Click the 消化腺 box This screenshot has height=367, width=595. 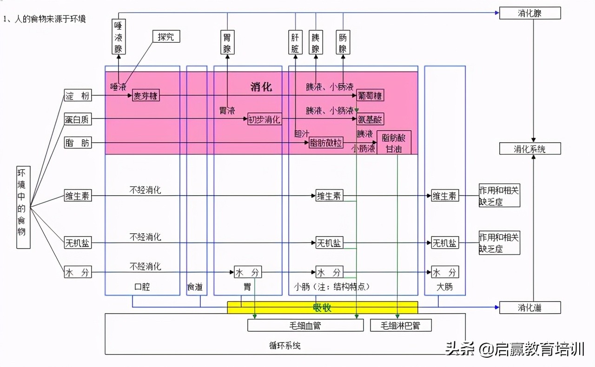click(529, 13)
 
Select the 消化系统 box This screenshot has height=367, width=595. click(529, 149)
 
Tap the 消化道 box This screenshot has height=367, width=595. click(529, 307)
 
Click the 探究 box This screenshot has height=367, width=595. click(166, 36)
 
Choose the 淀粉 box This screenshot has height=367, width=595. click(78, 96)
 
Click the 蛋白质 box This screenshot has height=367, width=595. click(78, 119)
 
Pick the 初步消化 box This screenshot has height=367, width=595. click(264, 119)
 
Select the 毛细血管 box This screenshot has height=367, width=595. click(305, 325)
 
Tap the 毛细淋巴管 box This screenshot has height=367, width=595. click(400, 325)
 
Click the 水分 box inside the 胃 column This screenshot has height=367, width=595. click(247, 272)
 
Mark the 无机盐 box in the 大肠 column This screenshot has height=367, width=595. click(444, 242)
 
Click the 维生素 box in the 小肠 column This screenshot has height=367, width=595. click(329, 196)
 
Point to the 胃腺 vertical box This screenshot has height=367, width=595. click(227, 42)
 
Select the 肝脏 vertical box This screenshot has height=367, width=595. click(296, 42)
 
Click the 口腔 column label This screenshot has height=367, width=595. click(142, 287)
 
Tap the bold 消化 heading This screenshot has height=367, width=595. click(261, 86)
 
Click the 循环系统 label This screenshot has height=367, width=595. click(285, 345)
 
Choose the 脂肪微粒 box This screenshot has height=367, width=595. click(326, 143)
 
